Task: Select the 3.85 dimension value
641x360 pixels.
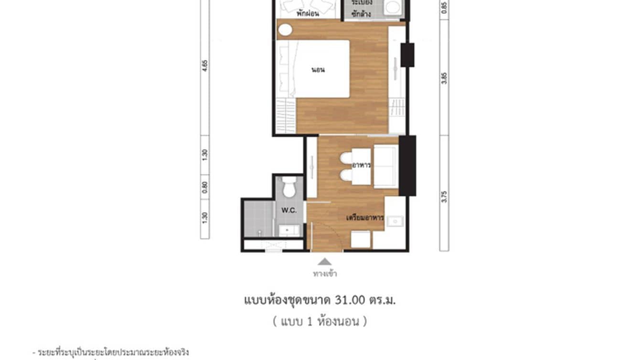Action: click(445, 78)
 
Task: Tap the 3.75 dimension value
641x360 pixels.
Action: click(445, 197)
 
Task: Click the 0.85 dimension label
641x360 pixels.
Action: click(445, 8)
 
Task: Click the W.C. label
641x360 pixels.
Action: click(288, 210)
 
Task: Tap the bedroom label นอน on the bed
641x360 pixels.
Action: click(318, 70)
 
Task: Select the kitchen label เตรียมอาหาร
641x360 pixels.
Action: click(365, 218)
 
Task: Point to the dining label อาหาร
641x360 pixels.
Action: click(362, 165)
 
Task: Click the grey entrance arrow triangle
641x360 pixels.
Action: click(325, 262)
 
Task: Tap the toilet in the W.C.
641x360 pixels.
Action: click(288, 187)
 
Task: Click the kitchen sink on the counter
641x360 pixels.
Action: click(396, 221)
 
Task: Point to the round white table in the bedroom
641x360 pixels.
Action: click(285, 30)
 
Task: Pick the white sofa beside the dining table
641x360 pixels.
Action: click(386, 167)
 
